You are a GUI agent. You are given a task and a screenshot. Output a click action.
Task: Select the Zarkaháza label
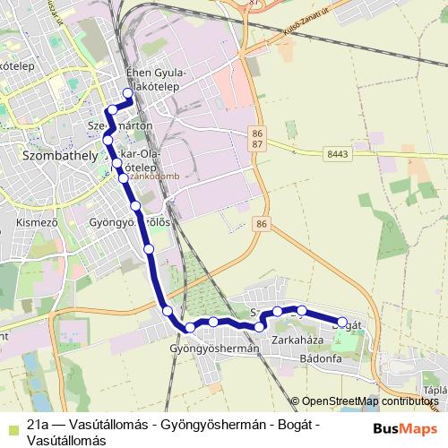click(x=297, y=341)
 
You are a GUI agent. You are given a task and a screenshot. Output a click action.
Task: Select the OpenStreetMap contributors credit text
click(x=371, y=401)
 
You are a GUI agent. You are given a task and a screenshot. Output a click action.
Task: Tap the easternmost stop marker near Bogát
click(x=341, y=322)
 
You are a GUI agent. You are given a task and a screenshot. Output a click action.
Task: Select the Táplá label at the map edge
click(x=435, y=391)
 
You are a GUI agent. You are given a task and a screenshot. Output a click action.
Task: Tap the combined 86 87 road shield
click(x=257, y=138)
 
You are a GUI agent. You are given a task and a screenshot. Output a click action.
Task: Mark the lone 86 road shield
click(x=261, y=223)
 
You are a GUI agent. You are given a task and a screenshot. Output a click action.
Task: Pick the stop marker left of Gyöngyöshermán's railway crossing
click(x=168, y=311)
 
